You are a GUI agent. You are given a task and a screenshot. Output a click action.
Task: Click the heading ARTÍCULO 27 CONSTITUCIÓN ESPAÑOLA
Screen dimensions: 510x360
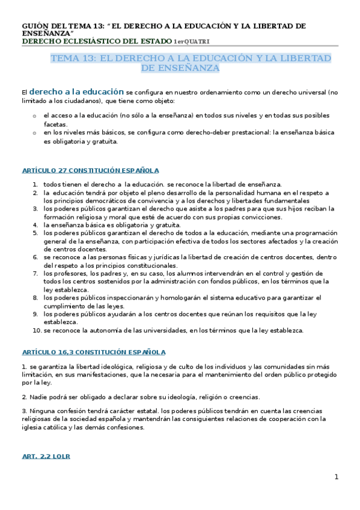tap(90, 171)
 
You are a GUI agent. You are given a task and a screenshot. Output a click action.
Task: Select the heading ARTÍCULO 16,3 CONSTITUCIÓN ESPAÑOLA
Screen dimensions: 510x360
tap(93, 352)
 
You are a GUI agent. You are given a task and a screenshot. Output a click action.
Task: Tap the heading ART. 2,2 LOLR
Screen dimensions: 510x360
tap(46, 456)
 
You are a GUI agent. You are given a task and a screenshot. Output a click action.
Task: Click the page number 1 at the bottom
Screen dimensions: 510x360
tap(337, 477)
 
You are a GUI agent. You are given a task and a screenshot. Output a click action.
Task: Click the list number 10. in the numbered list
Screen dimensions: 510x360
tap(37, 330)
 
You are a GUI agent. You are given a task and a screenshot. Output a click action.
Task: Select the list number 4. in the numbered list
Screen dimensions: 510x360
tap(36, 224)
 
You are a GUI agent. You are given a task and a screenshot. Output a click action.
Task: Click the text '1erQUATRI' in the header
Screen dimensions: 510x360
tap(192, 41)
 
